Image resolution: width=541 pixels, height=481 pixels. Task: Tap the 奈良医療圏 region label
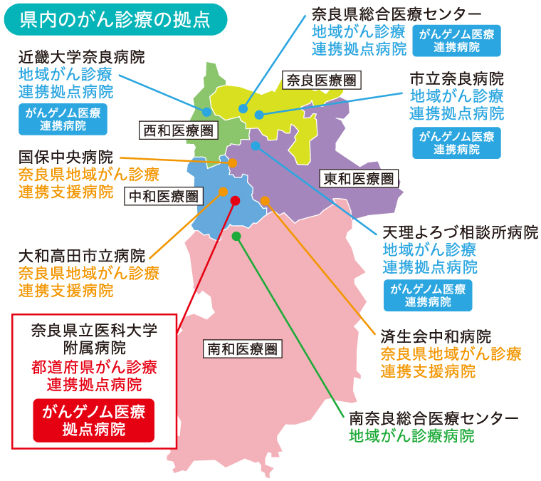tap(320, 80)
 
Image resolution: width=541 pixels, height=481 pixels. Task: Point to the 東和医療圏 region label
tap(357, 178)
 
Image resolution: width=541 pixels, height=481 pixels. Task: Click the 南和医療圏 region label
tap(242, 348)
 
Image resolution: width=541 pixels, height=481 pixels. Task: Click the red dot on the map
tap(236, 200)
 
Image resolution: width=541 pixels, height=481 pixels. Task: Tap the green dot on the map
tap(236, 235)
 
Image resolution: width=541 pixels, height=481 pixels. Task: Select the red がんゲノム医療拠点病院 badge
tap(93, 420)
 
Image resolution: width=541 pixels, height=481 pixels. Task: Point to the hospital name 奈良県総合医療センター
tap(396, 14)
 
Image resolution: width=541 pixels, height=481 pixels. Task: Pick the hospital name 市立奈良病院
tap(456, 78)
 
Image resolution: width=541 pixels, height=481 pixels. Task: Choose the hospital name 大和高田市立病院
tap(81, 255)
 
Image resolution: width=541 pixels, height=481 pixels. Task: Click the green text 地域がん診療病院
tap(411, 435)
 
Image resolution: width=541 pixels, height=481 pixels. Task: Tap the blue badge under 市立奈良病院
tap(456, 142)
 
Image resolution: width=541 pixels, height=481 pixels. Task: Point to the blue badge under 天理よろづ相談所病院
tap(429, 295)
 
